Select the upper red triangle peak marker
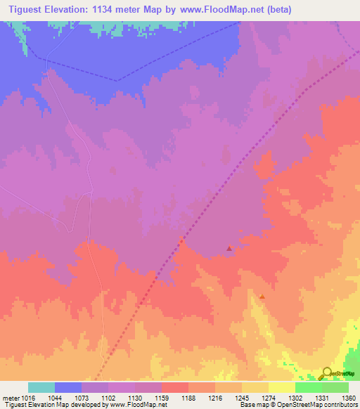(x=229, y=248)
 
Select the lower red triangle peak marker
(x=262, y=297)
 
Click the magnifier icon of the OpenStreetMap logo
(x=326, y=372)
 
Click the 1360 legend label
(x=347, y=398)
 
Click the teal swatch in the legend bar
(x=41, y=387)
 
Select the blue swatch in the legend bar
(x=68, y=387)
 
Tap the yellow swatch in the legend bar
(x=281, y=387)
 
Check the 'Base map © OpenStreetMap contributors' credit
(x=298, y=405)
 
